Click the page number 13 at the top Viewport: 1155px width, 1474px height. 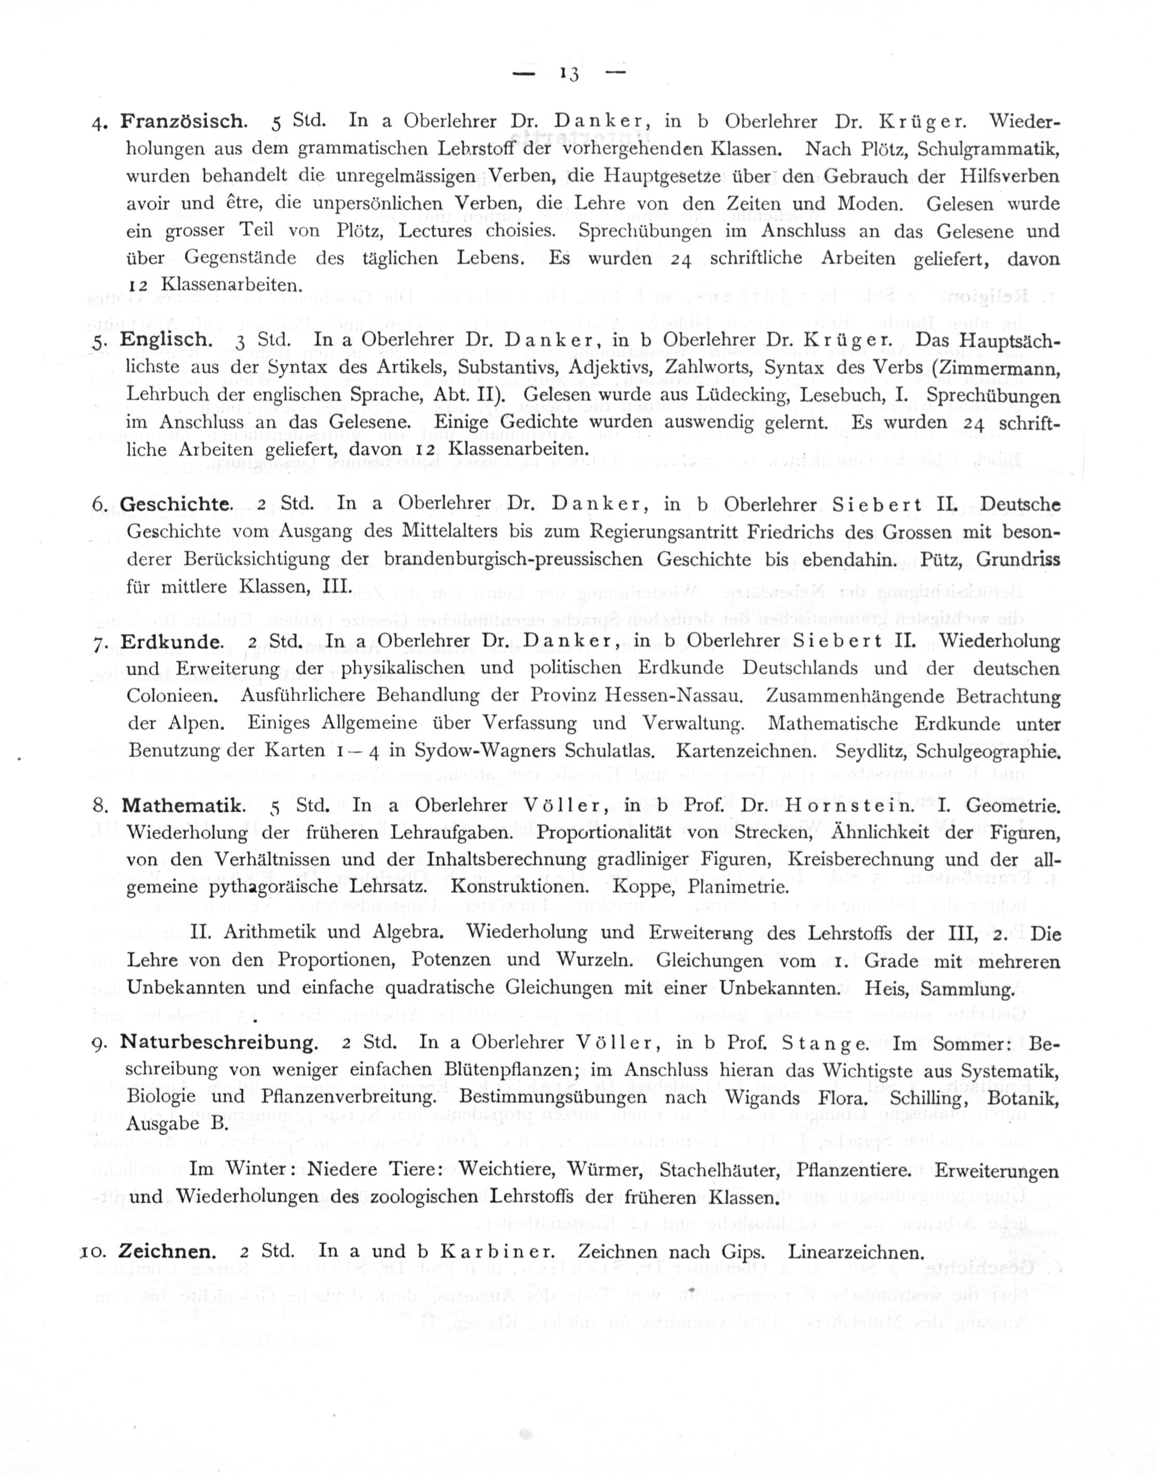(569, 73)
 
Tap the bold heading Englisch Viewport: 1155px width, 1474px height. (166, 339)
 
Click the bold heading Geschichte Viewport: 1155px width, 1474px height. (176, 504)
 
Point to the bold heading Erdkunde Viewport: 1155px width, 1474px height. (172, 641)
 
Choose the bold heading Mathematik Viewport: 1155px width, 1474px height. (182, 806)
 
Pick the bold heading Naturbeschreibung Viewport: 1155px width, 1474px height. (218, 1043)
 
